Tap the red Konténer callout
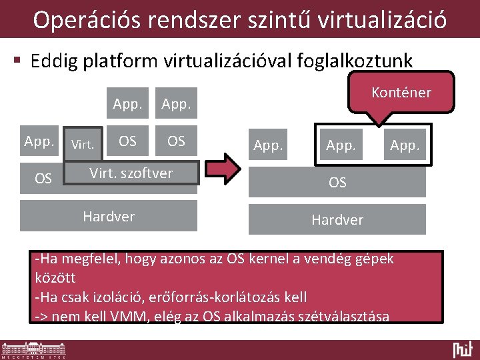(401, 93)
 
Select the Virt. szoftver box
(131, 174)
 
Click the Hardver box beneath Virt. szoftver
(109, 217)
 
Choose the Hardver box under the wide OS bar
(337, 219)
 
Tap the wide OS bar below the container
(337, 182)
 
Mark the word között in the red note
(55, 277)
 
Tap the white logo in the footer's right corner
(462, 349)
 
